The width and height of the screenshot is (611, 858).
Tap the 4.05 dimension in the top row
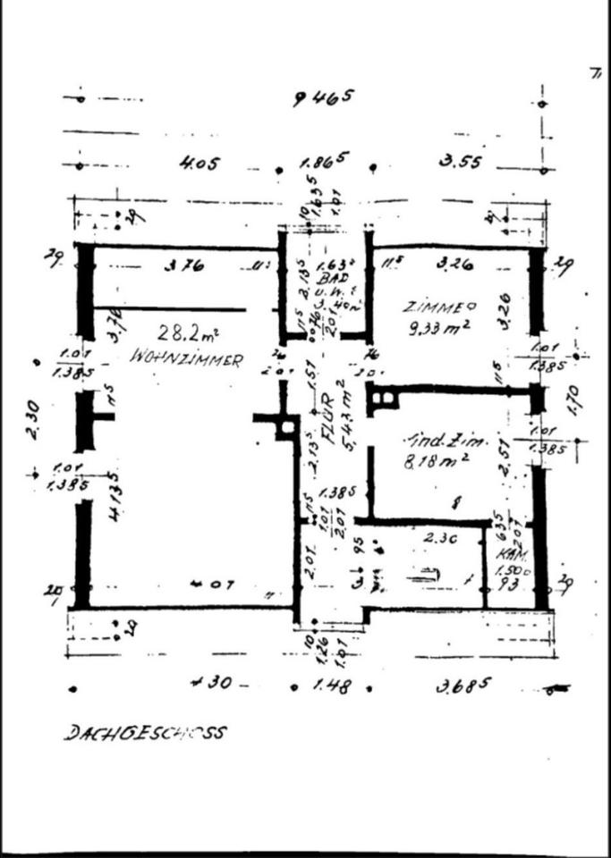point(199,164)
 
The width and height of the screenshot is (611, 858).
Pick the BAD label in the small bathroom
point(325,278)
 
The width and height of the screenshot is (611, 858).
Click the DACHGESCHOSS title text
point(144,733)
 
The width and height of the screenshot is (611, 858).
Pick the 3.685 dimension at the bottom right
point(463,686)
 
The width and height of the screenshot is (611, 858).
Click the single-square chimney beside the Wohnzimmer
point(286,427)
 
